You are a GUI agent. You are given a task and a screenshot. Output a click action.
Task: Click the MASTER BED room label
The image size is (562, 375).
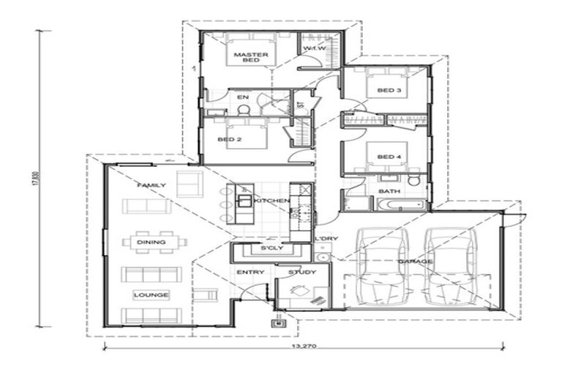click(250, 58)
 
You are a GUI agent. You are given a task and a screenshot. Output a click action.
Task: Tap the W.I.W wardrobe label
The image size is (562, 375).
click(314, 49)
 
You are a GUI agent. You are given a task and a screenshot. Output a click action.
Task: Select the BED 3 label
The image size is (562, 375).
click(389, 91)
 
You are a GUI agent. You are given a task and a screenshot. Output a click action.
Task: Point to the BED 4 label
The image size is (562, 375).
click(389, 157)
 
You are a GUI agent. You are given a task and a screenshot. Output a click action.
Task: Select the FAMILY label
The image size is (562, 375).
click(151, 186)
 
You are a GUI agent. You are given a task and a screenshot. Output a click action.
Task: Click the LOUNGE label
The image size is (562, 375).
click(151, 295)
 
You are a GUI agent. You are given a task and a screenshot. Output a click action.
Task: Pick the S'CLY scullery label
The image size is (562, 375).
click(263, 250)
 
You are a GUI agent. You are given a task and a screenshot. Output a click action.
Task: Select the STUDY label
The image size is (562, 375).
click(301, 273)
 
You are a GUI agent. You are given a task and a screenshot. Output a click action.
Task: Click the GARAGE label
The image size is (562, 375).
click(414, 261)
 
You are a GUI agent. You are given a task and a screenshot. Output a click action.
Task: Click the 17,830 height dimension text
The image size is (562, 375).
click(34, 179)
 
